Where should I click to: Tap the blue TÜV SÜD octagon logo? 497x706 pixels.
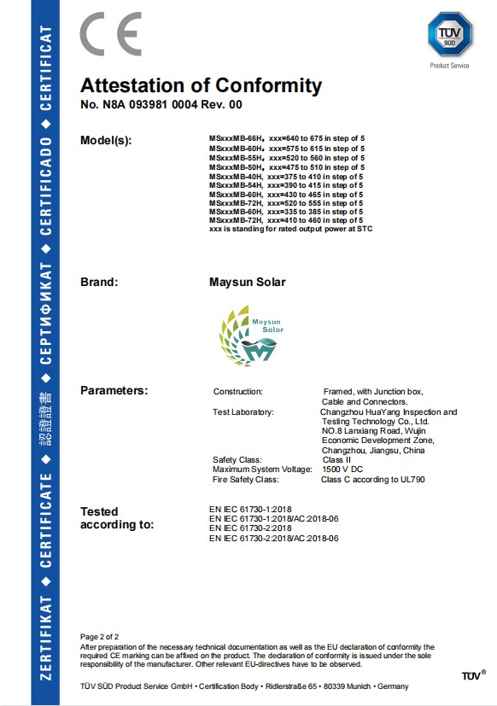coord(450,35)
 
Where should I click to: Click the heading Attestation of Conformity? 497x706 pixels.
coord(201,86)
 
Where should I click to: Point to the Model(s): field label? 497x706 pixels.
coord(106,140)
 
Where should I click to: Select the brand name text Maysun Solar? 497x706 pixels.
coord(248,282)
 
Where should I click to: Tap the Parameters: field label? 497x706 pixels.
coord(114,390)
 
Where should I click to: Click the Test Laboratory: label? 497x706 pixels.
coord(243,412)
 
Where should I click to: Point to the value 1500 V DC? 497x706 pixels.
coord(344,470)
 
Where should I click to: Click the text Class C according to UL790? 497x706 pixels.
coord(372,480)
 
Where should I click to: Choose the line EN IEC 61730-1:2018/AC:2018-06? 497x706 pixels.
coord(274,519)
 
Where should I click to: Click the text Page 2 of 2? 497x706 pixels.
coord(99,637)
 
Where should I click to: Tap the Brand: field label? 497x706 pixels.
coord(99,282)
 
